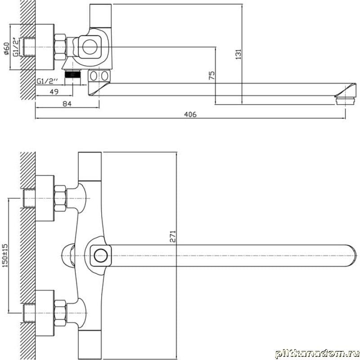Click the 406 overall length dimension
pos(190,114)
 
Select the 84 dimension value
pos(67,104)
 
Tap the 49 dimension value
pos(54,92)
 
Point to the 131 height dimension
pos(239,54)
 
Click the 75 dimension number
pos(211,75)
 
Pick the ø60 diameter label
pos(6,49)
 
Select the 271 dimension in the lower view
pos(173,236)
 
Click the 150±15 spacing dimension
pos(5,255)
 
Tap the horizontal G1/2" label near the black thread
pos(47,81)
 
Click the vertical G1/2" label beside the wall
pos(15,47)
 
